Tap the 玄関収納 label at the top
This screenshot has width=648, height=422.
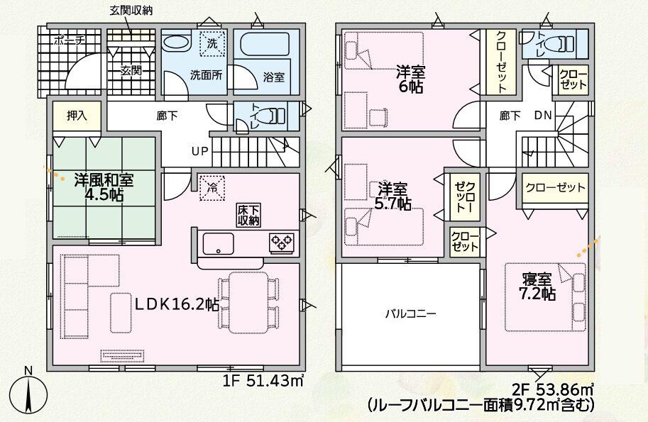[x=131, y=11]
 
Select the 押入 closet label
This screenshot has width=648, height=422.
[x=77, y=116]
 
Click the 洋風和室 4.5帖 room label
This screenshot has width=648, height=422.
[x=104, y=187]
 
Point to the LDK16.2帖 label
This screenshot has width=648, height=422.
[x=177, y=304]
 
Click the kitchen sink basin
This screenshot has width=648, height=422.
[x=218, y=243]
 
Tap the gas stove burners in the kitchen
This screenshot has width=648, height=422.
[x=282, y=242]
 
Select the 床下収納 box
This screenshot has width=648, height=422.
[x=248, y=215]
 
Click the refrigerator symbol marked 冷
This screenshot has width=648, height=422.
[x=212, y=188]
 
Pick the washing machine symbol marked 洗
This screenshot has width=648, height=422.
[x=212, y=43]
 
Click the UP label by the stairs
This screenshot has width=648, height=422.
[x=200, y=152]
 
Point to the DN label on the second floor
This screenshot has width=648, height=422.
[x=543, y=116]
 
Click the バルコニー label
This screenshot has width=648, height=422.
[x=410, y=314]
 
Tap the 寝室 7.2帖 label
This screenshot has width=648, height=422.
[x=537, y=287]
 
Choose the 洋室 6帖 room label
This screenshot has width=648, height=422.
[x=410, y=79]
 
